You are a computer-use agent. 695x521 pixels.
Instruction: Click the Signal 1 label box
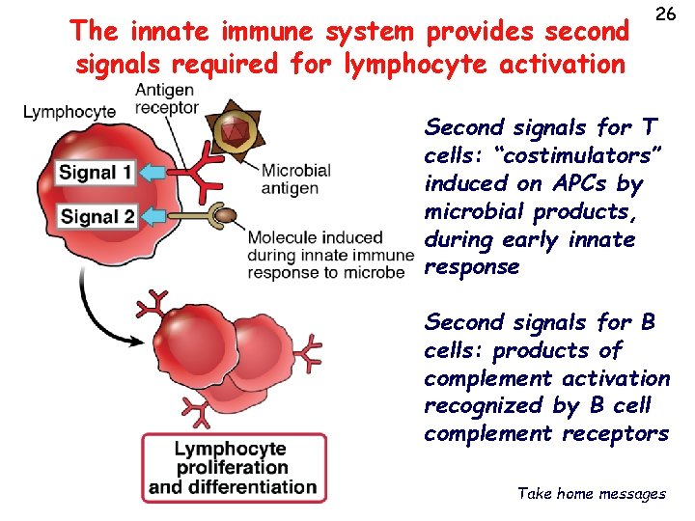click(96, 175)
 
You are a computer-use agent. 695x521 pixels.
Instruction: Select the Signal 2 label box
click(97, 216)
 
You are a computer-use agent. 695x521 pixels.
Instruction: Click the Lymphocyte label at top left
click(69, 112)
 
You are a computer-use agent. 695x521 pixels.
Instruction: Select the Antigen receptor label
click(165, 98)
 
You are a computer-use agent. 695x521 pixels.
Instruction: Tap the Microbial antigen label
click(295, 178)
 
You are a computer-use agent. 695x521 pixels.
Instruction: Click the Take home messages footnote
click(591, 493)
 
